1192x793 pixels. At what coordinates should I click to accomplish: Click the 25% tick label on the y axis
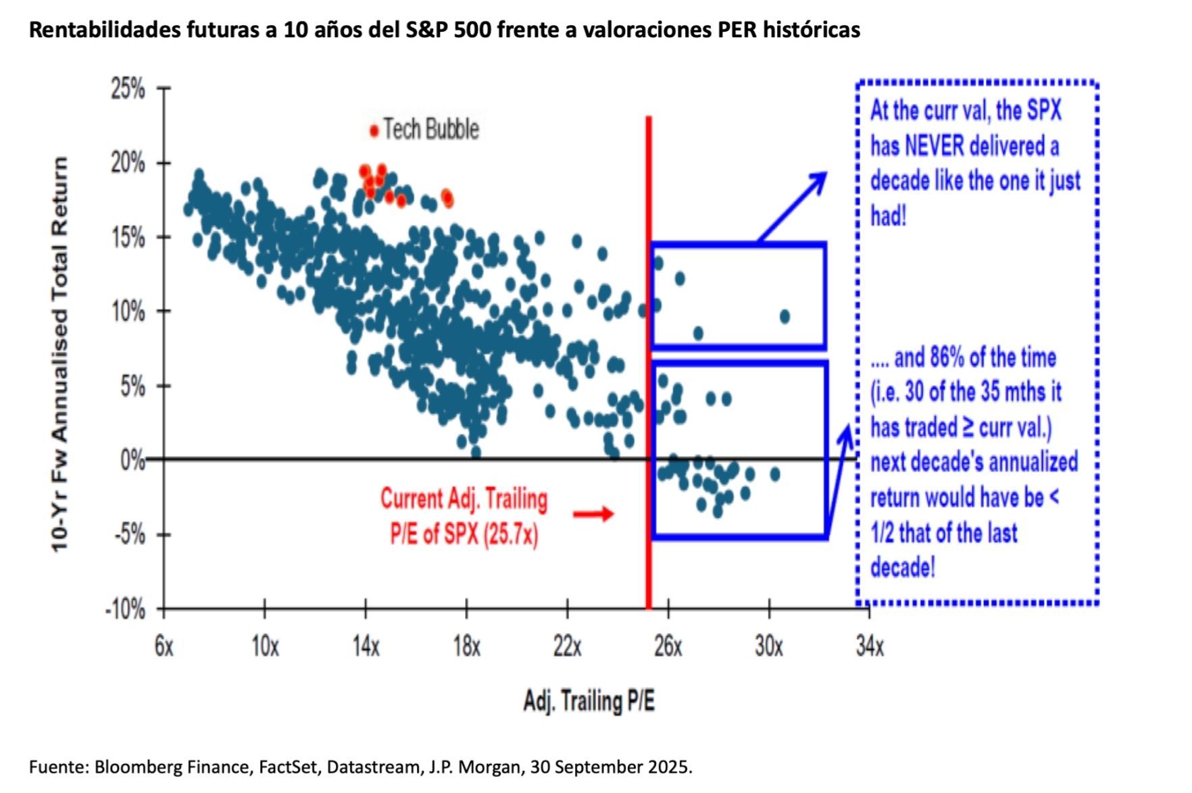pos(128,88)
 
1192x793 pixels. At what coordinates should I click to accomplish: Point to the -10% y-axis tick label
pos(125,609)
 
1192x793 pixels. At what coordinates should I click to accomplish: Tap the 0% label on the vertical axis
pos(132,461)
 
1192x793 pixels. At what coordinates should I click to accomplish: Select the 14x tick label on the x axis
pos(366,646)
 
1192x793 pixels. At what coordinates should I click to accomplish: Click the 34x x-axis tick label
pos(870,646)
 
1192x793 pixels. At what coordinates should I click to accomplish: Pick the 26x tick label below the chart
pos(668,646)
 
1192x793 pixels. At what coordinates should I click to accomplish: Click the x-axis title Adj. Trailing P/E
pos(589,701)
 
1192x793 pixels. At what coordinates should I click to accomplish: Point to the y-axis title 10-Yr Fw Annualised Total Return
pos(60,355)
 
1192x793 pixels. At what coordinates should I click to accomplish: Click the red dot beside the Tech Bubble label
pos(374,131)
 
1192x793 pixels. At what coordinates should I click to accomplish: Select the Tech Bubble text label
pos(431,129)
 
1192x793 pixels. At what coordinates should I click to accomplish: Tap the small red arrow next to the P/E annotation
pos(593,515)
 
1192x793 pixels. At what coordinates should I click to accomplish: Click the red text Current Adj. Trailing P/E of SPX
pos(464,517)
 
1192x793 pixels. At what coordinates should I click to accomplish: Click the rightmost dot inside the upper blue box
pos(785,316)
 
